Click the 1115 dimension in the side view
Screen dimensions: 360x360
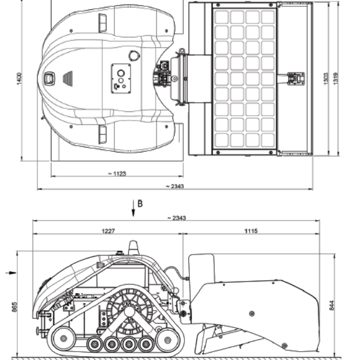[251, 230]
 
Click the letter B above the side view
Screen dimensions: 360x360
[140, 203]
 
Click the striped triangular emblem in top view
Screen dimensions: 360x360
[67, 78]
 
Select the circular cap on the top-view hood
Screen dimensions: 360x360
[134, 56]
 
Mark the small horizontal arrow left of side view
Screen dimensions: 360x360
[8, 272]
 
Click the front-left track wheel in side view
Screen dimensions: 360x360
[62, 339]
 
